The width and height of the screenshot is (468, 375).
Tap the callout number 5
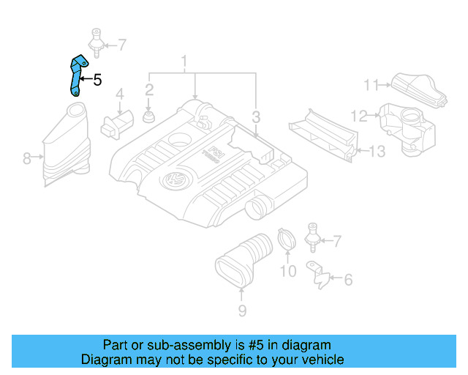(97, 80)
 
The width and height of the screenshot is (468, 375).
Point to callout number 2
(148, 90)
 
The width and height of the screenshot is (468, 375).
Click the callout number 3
(256, 116)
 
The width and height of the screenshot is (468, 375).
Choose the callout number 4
(120, 94)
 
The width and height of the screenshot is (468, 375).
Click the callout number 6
(348, 279)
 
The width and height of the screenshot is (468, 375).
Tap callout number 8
(27, 157)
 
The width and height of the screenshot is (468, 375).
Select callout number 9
(242, 311)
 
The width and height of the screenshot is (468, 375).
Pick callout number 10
(288, 272)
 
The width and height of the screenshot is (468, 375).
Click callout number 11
(372, 84)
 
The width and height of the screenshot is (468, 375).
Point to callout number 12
(359, 115)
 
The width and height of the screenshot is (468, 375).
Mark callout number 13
(376, 152)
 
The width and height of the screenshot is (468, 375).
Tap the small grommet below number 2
(149, 118)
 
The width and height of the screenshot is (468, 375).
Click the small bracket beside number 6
(317, 273)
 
